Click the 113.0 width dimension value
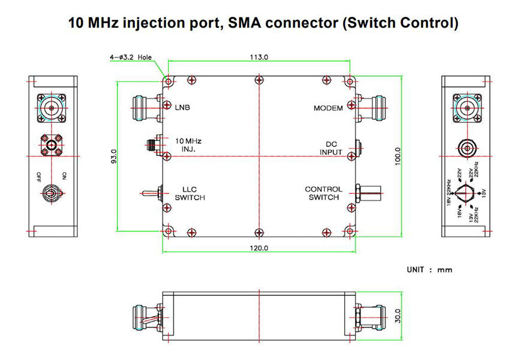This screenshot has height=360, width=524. point(258,57)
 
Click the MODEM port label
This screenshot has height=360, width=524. point(328,108)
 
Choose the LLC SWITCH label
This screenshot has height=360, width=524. point(190,193)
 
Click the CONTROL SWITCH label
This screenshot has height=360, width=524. point(324,193)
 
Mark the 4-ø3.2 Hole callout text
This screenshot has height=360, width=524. point(131,58)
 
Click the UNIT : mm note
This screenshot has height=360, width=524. point(429,270)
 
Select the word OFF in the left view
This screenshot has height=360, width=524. point(38,176)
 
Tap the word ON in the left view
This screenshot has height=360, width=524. point(64,176)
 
